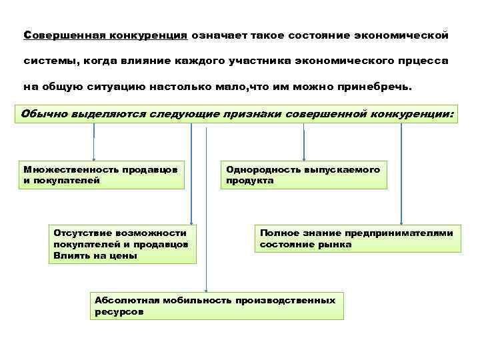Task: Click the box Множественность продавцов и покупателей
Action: [100, 175]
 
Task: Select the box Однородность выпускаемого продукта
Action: [303, 175]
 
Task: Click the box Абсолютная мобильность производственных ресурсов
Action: [216, 306]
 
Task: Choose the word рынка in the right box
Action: [335, 245]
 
